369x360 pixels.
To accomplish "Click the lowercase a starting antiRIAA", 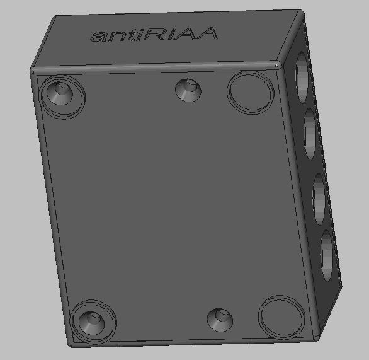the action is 97,37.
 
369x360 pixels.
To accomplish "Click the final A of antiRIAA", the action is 206,33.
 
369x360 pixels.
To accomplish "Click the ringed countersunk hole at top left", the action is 62,97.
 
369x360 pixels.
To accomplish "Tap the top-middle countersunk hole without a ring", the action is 188,90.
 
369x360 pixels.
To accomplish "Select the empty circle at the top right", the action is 251,92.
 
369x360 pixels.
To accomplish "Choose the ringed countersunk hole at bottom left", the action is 93,322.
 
